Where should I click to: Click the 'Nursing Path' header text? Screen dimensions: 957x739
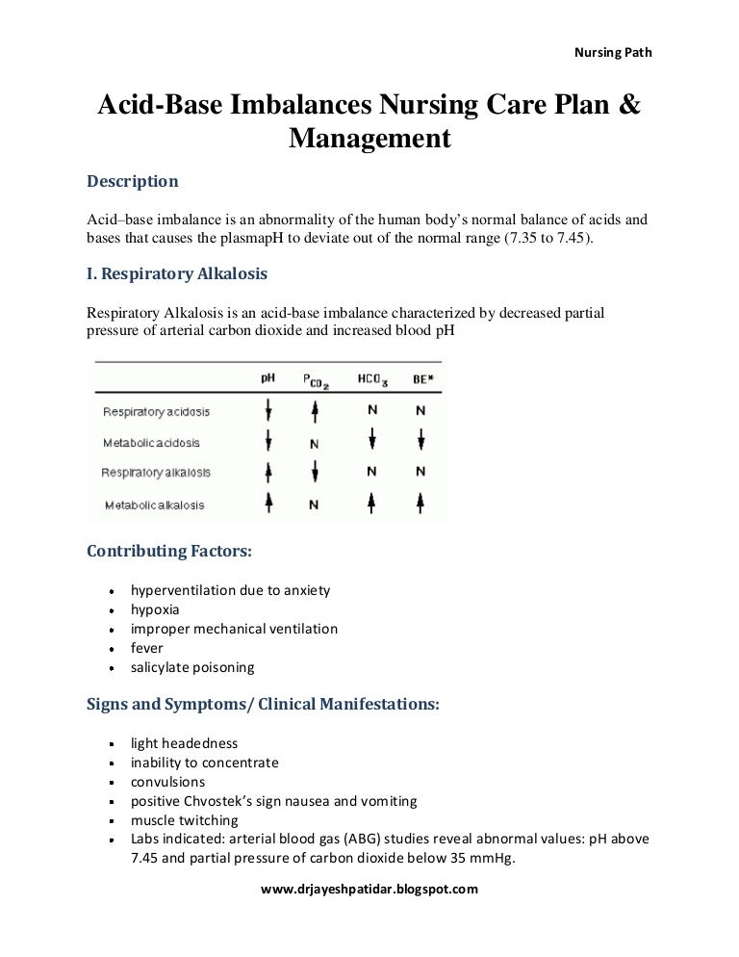tap(612, 52)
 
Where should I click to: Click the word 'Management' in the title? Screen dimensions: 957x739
tap(370, 140)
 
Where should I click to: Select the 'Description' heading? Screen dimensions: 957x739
tap(133, 181)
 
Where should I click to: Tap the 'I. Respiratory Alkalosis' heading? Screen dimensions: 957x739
tap(177, 274)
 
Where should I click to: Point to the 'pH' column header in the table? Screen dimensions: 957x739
tap(268, 378)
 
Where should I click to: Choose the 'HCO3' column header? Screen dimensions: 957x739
tap(371, 380)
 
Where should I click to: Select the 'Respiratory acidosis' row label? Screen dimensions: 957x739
tap(156, 412)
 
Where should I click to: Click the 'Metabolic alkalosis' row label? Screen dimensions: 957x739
tap(153, 504)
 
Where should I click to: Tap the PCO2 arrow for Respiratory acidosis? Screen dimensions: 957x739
tap(315, 411)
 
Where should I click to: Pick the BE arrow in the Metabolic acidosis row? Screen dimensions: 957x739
tap(420, 442)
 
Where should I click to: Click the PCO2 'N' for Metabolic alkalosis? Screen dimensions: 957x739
tap(315, 504)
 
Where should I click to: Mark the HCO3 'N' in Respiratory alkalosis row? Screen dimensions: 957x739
tap(370, 473)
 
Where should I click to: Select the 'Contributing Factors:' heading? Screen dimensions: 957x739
tap(169, 553)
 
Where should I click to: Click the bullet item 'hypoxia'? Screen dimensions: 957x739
tap(155, 609)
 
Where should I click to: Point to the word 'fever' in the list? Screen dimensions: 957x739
tap(147, 648)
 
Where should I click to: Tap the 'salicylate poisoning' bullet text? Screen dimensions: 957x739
tap(192, 667)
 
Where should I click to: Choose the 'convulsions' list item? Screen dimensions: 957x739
tap(167, 782)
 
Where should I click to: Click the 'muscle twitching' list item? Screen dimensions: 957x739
tap(185, 820)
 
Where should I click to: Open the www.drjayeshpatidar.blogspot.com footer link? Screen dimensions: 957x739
tap(369, 890)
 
